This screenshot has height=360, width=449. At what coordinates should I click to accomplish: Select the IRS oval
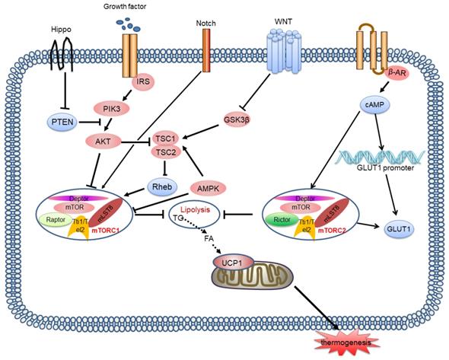tap(141, 80)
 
